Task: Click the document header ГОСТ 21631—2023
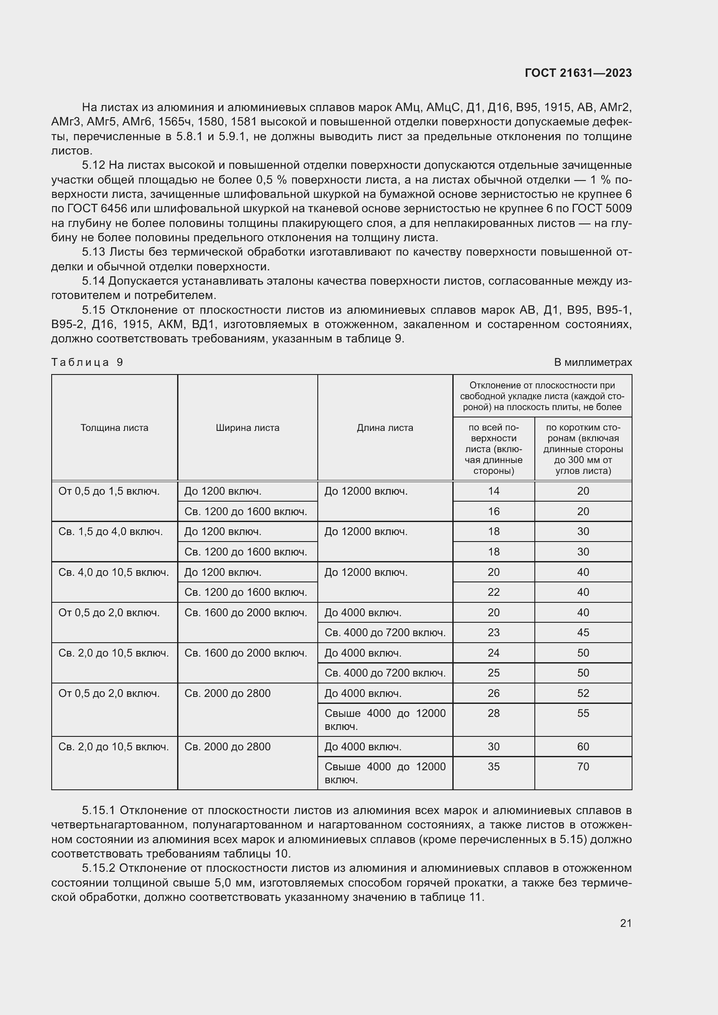(578, 73)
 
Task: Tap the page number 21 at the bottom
(626, 923)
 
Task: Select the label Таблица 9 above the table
(87, 362)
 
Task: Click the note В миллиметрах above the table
(593, 362)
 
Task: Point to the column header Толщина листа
(115, 427)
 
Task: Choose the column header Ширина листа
(247, 427)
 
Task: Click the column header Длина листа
(385, 427)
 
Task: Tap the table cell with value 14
(494, 491)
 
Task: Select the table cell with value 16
(494, 512)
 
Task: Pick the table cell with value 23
(494, 633)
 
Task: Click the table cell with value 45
(583, 633)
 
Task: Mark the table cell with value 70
(583, 766)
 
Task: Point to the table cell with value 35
(494, 766)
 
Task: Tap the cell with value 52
(583, 693)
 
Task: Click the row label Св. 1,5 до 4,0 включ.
(111, 532)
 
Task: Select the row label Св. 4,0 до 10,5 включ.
(114, 572)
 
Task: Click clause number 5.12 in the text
(93, 165)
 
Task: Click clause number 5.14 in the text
(93, 281)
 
